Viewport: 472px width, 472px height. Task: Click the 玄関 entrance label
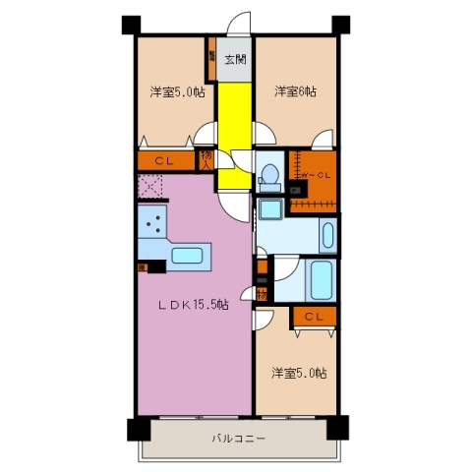[234, 61]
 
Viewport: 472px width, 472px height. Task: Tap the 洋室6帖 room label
[295, 91]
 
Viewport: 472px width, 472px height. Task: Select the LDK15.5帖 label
[196, 305]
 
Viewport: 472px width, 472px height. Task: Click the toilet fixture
[268, 175]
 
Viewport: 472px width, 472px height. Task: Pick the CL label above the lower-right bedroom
[314, 316]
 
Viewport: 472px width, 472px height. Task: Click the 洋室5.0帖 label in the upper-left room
[177, 92]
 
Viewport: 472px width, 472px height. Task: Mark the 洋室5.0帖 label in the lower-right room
[300, 373]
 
